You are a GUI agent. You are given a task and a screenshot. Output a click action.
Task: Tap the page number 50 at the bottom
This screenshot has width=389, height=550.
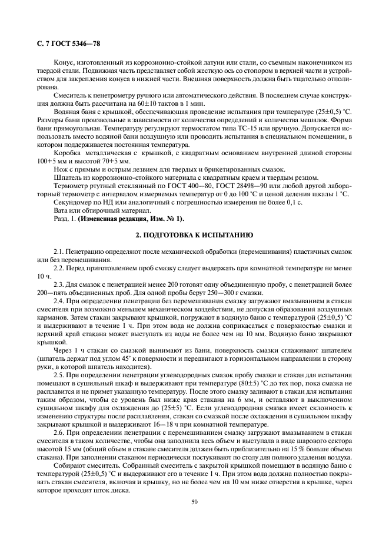click(194, 501)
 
